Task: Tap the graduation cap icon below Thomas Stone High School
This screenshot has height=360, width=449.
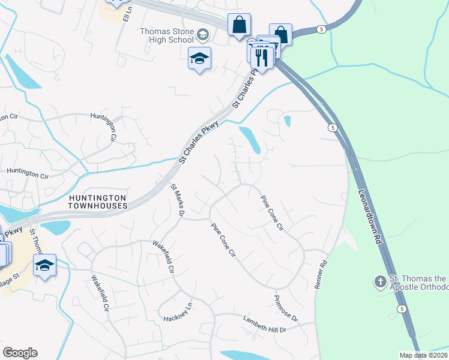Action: pos(199,59)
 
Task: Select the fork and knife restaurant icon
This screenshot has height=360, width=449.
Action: pos(261,58)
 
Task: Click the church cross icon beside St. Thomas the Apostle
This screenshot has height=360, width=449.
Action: pos(379,281)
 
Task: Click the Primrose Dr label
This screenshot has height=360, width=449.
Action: pos(286,308)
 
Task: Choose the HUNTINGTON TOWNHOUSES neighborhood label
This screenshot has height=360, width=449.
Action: pos(97,202)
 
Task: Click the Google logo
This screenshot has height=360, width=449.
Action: pos(20,353)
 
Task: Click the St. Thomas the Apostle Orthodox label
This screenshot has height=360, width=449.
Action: pos(418,283)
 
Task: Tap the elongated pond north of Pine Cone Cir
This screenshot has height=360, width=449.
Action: pos(250,139)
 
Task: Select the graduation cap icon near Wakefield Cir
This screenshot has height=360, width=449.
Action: pos(44,265)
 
